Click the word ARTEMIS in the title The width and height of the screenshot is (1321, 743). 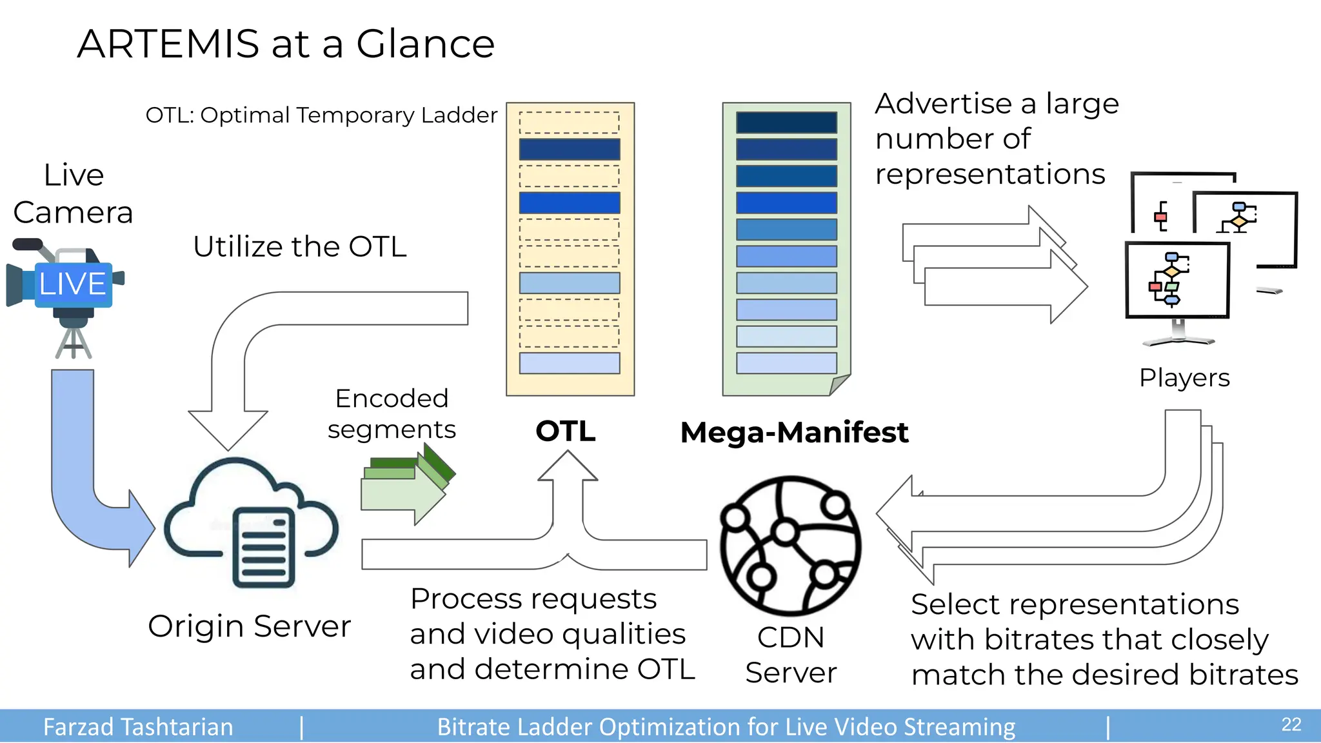168,44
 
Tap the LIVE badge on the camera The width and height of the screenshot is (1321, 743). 73,284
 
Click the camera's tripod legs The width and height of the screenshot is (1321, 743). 74,342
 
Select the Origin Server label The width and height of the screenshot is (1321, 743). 249,626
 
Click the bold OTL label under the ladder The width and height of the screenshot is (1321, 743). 565,431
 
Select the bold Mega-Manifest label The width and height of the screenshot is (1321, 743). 794,433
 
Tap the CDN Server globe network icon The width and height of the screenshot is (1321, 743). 790,546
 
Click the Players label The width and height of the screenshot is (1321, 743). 1184,378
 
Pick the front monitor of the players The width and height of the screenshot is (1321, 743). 1177,280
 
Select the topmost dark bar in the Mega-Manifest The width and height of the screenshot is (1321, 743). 786,123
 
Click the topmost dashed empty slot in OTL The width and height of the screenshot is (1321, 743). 569,123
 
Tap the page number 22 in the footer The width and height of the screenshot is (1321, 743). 1291,725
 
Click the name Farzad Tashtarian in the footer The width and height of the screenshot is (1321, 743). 138,727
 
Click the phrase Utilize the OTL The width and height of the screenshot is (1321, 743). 300,247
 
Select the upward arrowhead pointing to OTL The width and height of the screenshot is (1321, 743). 568,465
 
